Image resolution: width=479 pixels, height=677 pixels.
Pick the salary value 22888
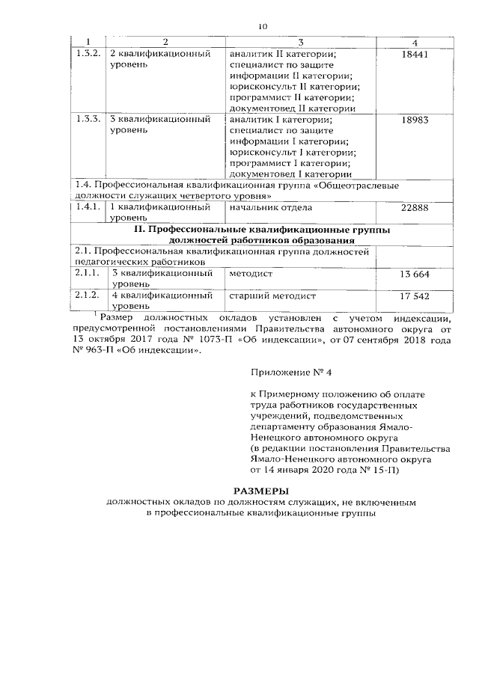click(413, 207)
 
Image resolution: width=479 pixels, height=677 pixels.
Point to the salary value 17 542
click(414, 296)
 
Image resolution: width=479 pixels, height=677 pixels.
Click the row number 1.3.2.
click(88, 55)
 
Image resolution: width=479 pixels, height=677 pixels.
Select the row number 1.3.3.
click(88, 120)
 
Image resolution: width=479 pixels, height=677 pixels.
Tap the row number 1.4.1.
click(88, 207)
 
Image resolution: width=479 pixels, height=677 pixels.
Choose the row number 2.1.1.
click(88, 275)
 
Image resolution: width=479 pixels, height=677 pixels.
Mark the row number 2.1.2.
click(88, 296)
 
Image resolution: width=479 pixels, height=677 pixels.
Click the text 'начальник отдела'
click(272, 207)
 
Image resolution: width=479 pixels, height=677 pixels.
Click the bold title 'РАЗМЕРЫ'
click(239, 489)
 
